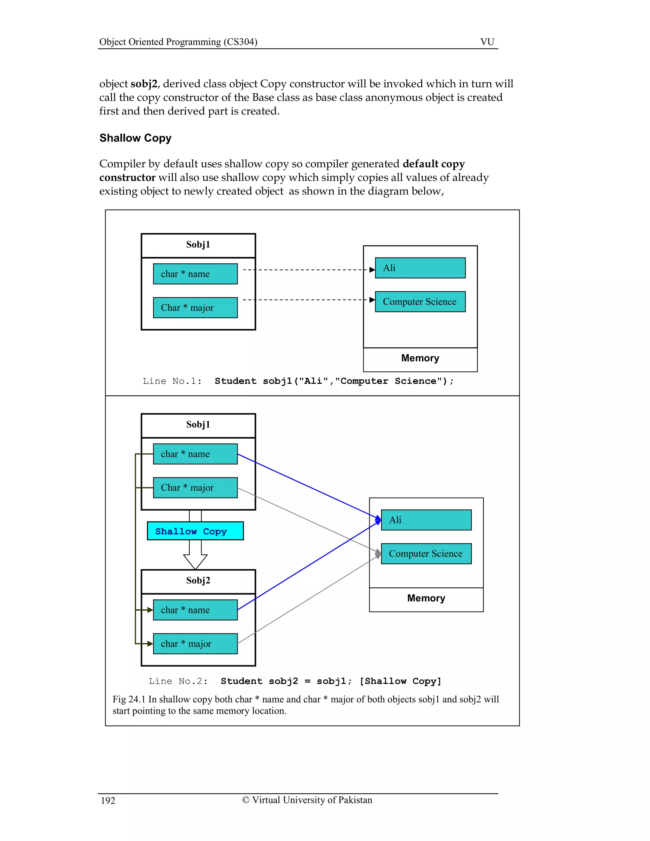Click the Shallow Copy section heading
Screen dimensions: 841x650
point(135,138)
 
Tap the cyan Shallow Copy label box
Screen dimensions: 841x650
point(195,531)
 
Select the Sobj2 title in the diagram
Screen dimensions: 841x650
point(198,580)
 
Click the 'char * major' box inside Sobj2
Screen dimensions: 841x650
point(195,644)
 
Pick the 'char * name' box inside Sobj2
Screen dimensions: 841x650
point(195,610)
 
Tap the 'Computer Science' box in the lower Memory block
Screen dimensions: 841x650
point(426,554)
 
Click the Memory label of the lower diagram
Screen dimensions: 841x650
point(426,598)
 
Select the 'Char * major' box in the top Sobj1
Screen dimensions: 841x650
point(195,308)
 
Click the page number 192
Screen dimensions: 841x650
point(108,801)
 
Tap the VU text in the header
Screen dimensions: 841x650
point(487,42)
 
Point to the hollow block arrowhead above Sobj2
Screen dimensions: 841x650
point(195,561)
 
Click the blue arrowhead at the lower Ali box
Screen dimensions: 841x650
point(378,520)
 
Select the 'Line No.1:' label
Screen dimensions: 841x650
point(172,381)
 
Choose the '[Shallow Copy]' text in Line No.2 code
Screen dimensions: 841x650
point(400,681)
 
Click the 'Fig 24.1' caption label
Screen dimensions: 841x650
point(129,699)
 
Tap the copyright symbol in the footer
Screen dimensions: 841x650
point(246,800)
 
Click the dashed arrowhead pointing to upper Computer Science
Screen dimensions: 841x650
point(372,300)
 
